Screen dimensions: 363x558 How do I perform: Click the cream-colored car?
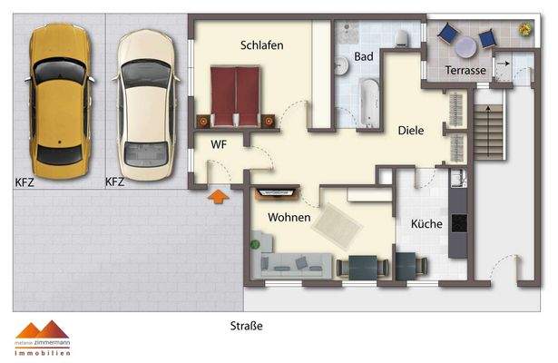click(x=145, y=102)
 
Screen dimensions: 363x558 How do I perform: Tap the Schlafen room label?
click(x=262, y=45)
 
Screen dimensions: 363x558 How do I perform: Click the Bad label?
click(x=364, y=57)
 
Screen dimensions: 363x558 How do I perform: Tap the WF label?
click(x=219, y=144)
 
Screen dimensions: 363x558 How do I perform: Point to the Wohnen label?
click(x=289, y=218)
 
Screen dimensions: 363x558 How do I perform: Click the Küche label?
click(x=426, y=223)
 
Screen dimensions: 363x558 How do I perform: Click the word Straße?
click(x=246, y=324)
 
